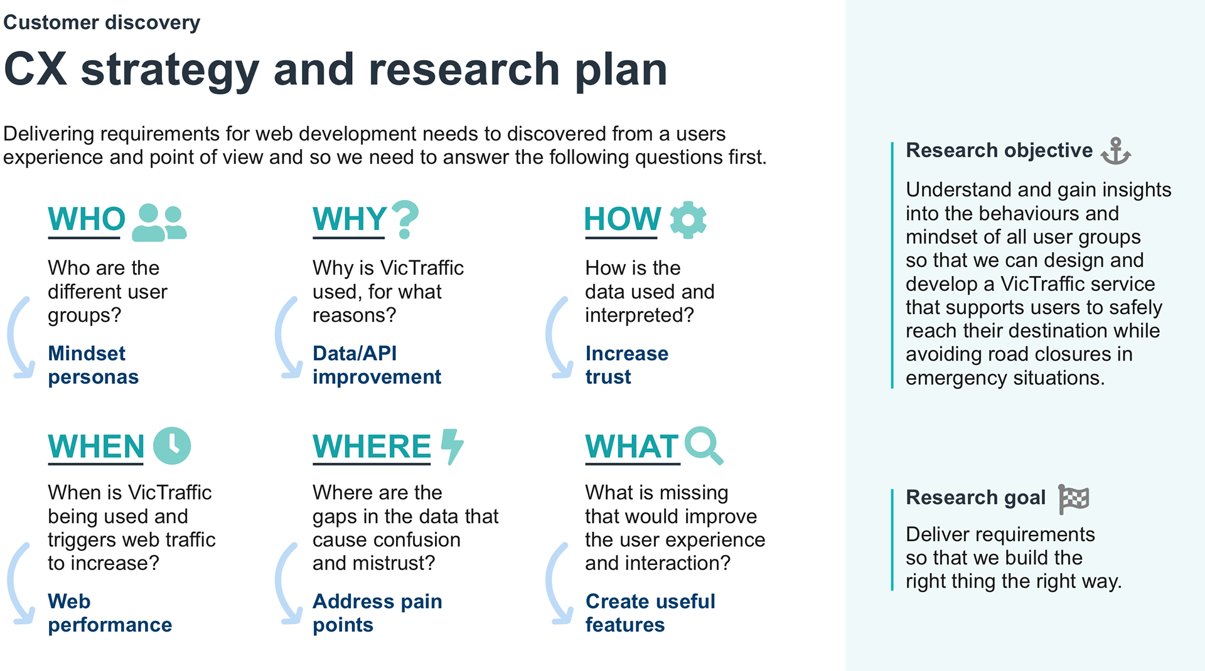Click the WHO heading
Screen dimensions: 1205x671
click(x=87, y=219)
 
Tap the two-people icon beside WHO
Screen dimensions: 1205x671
click(x=159, y=223)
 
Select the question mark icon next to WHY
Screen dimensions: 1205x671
click(x=405, y=219)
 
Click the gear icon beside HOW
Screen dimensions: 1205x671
click(x=688, y=219)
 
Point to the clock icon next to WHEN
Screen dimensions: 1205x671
click(x=172, y=446)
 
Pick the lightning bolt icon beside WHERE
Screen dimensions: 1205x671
click(x=452, y=446)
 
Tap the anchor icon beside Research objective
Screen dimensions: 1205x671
click(x=1116, y=151)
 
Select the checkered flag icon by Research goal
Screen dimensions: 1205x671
click(x=1074, y=499)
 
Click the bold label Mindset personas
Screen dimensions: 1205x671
click(x=93, y=365)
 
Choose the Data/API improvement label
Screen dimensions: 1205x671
click(x=377, y=365)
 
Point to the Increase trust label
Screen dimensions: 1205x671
click(x=626, y=365)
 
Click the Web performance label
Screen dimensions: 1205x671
click(x=110, y=613)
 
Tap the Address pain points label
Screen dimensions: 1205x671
click(x=377, y=613)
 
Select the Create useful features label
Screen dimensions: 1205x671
click(x=650, y=613)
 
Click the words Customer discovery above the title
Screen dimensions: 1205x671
click(x=102, y=23)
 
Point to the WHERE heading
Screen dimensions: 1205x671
click(x=372, y=446)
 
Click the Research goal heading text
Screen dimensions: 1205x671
click(x=976, y=497)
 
